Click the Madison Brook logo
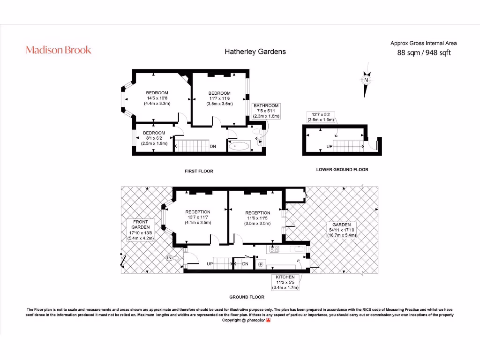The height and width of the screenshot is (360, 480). pyautogui.click(x=59, y=50)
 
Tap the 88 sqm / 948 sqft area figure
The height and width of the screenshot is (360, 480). pyautogui.click(x=424, y=52)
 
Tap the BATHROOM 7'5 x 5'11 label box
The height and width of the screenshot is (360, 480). pyautogui.click(x=266, y=111)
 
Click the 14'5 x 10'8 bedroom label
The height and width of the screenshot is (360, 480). pyautogui.click(x=157, y=98)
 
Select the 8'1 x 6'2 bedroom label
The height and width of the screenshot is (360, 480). pyautogui.click(x=154, y=138)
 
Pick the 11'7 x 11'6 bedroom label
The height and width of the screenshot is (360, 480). pyautogui.click(x=219, y=98)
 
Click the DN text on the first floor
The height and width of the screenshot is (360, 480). pyautogui.click(x=213, y=147)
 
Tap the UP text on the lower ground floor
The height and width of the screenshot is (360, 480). pyautogui.click(x=330, y=147)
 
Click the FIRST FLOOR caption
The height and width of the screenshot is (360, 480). pyautogui.click(x=199, y=171)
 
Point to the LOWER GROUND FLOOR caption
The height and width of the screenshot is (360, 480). pyautogui.click(x=342, y=169)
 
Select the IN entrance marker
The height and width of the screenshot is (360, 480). pyautogui.click(x=170, y=258)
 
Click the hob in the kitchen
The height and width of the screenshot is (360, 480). pyautogui.click(x=274, y=249)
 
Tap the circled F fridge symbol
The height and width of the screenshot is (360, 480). pyautogui.click(x=261, y=265)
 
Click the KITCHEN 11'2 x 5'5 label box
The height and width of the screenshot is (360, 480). pyautogui.click(x=285, y=282)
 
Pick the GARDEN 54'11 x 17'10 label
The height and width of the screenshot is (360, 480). pyautogui.click(x=342, y=230)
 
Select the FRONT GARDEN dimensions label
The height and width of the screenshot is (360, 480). pyautogui.click(x=140, y=230)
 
